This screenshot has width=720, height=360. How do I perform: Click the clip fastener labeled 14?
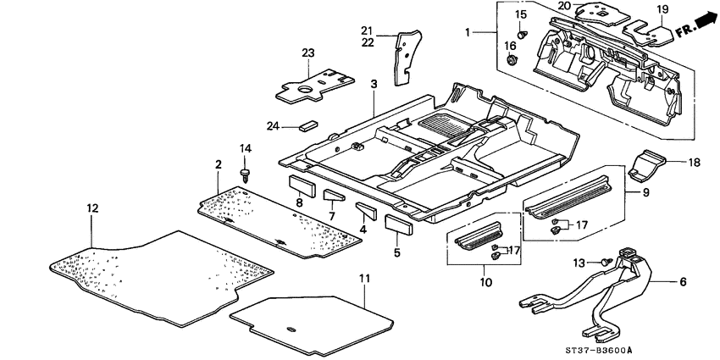pyautogui.click(x=246, y=175)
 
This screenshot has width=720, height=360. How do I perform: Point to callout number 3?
pyautogui.click(x=374, y=85)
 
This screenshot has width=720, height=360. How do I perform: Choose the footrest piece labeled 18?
pyautogui.click(x=651, y=164)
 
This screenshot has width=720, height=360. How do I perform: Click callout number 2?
pyautogui.click(x=218, y=163)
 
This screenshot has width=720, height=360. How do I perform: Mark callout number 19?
pyautogui.click(x=662, y=9)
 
